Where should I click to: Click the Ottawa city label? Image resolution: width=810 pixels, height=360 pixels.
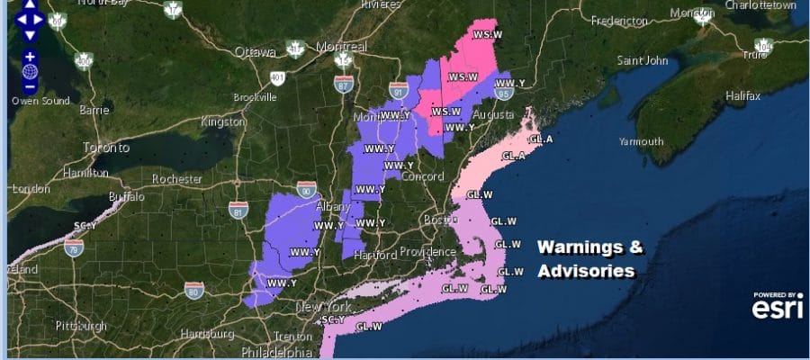click(x=254, y=51)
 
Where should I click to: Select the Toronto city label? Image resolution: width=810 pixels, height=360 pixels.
click(x=106, y=148)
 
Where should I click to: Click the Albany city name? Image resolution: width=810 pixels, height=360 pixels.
click(x=333, y=206)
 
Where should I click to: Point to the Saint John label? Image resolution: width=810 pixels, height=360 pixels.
click(x=643, y=61)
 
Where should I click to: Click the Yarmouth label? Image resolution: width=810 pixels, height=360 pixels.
click(x=641, y=141)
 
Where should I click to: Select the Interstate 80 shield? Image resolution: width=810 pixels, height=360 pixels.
click(x=194, y=289)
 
